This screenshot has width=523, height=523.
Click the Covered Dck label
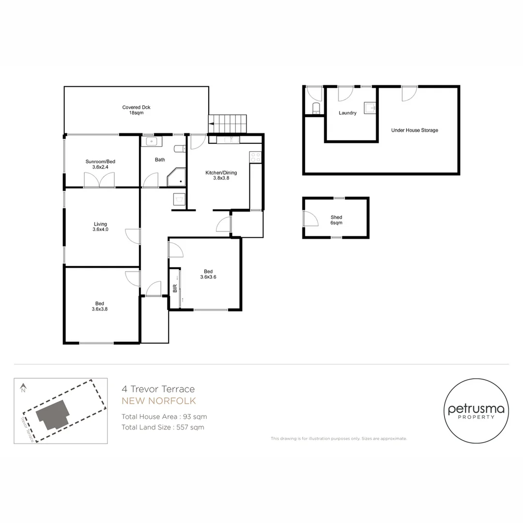pyautogui.click(x=136, y=108)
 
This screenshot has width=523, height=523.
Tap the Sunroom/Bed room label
pyautogui.click(x=100, y=161)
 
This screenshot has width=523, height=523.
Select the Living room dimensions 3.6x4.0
pyautogui.click(x=100, y=230)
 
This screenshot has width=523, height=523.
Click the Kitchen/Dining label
pyautogui.click(x=221, y=172)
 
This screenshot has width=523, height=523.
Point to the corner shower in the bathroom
pyautogui.click(x=176, y=177)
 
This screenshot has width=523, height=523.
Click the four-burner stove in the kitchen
pyautogui.click(x=256, y=157)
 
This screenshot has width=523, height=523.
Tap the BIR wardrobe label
pyautogui.click(x=175, y=288)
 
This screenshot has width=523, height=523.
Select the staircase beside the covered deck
pyautogui.click(x=227, y=124)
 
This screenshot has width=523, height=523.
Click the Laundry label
pyautogui.click(x=348, y=113)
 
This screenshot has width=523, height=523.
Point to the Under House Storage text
pyautogui.click(x=415, y=130)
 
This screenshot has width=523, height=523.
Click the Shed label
pyautogui.click(x=336, y=217)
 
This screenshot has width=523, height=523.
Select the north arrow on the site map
pyautogui.click(x=23, y=388)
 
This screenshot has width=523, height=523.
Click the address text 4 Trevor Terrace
pyautogui.click(x=158, y=389)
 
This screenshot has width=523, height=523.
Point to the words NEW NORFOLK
pyautogui.click(x=159, y=401)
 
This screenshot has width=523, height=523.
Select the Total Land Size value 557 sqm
pyautogui.click(x=190, y=427)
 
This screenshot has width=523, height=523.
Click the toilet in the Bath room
pyautogui.click(x=180, y=149)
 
